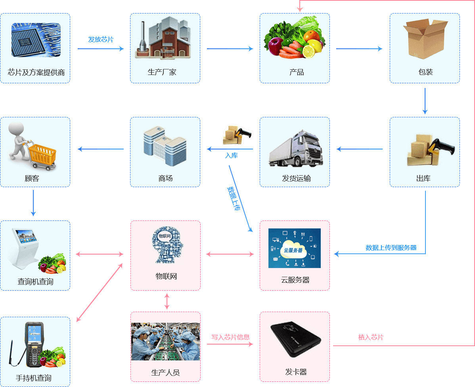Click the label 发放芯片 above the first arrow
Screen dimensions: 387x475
click(x=101, y=39)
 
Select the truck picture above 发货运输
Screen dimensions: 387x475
click(x=295, y=147)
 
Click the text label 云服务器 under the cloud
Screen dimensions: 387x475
click(x=295, y=280)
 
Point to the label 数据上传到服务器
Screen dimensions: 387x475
click(x=391, y=248)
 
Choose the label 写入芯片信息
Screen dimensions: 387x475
click(x=230, y=337)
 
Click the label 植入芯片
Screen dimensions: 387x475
click(x=371, y=337)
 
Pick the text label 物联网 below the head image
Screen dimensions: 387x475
click(x=166, y=276)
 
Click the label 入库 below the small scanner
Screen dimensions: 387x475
click(x=232, y=155)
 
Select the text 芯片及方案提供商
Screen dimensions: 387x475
click(x=36, y=72)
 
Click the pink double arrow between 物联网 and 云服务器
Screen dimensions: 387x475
click(x=230, y=254)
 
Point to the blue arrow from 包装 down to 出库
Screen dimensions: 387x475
click(x=425, y=101)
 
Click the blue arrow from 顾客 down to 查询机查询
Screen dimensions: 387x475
click(x=33, y=203)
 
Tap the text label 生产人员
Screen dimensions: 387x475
click(x=165, y=373)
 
